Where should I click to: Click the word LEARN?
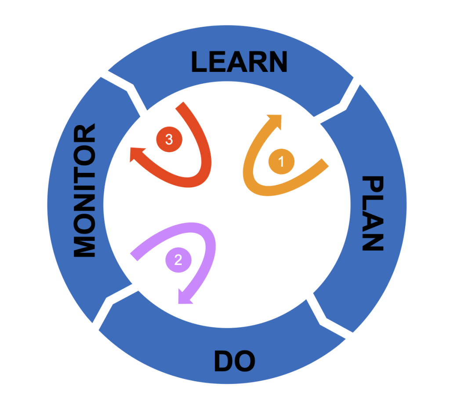click(239, 61)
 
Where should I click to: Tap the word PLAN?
click(373, 214)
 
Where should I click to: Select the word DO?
click(235, 361)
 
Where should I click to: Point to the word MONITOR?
click(84, 190)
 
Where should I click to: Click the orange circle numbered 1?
click(281, 161)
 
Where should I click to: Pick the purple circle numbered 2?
click(178, 260)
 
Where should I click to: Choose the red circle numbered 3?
click(169, 139)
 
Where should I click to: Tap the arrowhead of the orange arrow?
click(276, 120)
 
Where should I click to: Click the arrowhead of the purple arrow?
click(184, 298)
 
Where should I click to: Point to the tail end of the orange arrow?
click(325, 162)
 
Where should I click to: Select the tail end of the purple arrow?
click(134, 257)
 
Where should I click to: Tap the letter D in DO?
click(224, 361)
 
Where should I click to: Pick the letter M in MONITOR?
click(84, 246)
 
